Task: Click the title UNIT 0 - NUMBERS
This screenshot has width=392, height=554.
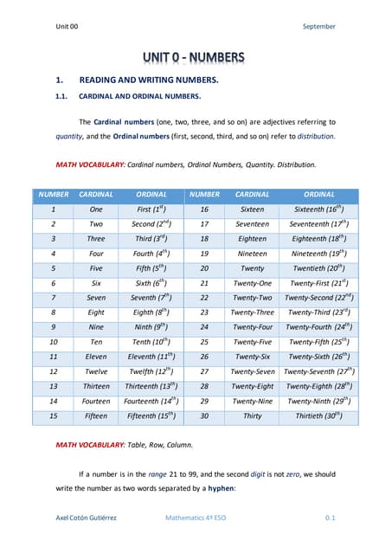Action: click(195, 58)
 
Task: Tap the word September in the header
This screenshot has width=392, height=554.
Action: click(318, 27)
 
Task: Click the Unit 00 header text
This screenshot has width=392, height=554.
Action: click(67, 27)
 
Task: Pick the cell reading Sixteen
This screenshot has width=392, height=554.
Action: click(252, 209)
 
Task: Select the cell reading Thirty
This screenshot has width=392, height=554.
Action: click(252, 415)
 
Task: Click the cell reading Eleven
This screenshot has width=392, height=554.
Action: click(96, 357)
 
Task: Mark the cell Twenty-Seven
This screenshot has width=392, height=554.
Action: click(252, 371)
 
